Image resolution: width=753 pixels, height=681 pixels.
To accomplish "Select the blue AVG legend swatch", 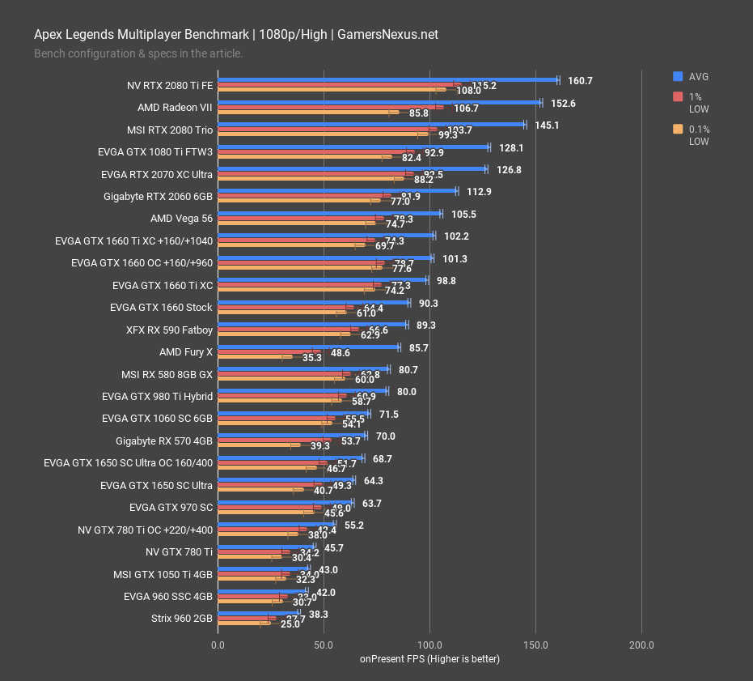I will (x=678, y=76).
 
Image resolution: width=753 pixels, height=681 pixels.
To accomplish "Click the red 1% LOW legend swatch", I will (x=678, y=97).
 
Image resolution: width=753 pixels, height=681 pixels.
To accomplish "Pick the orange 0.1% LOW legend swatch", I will (x=678, y=130).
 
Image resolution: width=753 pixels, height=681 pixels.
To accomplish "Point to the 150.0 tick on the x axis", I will (x=535, y=645).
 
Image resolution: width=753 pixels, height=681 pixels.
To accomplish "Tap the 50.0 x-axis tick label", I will (x=324, y=645).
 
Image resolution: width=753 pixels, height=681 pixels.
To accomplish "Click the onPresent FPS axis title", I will (x=429, y=659).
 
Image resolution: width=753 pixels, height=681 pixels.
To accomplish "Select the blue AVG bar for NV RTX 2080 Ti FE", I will (x=387, y=80).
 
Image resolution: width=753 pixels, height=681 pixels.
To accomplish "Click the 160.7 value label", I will (x=580, y=81).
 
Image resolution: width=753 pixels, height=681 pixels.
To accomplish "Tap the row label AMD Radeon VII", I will (x=175, y=107).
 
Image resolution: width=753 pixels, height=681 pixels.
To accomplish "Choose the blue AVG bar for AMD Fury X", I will (x=308, y=347).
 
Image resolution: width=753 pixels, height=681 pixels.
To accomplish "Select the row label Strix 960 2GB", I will (x=181, y=619).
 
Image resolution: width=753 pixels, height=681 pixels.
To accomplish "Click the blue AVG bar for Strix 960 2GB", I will (x=258, y=614).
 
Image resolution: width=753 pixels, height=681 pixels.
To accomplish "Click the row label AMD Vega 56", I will (x=181, y=218).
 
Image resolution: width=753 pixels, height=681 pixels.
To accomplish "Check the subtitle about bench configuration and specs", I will (x=138, y=53).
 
